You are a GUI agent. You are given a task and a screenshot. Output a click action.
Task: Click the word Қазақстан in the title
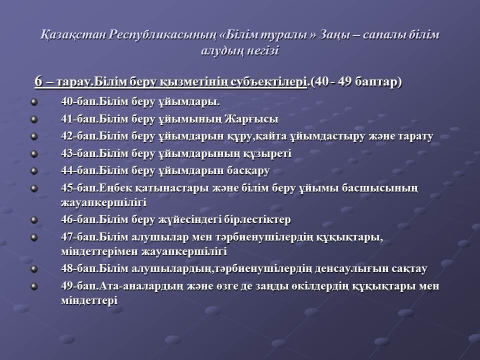[73, 35]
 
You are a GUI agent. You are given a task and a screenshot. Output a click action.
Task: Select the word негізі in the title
[262, 50]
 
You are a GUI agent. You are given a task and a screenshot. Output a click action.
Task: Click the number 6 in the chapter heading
[38, 81]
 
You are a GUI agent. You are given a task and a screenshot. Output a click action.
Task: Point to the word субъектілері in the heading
[269, 81]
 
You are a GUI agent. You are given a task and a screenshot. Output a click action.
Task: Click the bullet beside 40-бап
[34, 101]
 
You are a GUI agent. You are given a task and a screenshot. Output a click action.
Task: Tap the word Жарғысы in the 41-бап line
[251, 119]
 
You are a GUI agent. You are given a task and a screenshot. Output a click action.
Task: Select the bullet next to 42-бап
[34, 136]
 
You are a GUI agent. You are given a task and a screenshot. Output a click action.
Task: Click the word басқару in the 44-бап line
[248, 171]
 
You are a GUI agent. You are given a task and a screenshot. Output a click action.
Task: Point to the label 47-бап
[79, 237]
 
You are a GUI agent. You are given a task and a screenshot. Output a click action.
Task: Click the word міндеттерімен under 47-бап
[99, 251]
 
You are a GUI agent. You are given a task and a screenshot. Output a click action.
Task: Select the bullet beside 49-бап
[34, 286]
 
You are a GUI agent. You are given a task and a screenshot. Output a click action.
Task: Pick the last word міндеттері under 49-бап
[89, 300]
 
